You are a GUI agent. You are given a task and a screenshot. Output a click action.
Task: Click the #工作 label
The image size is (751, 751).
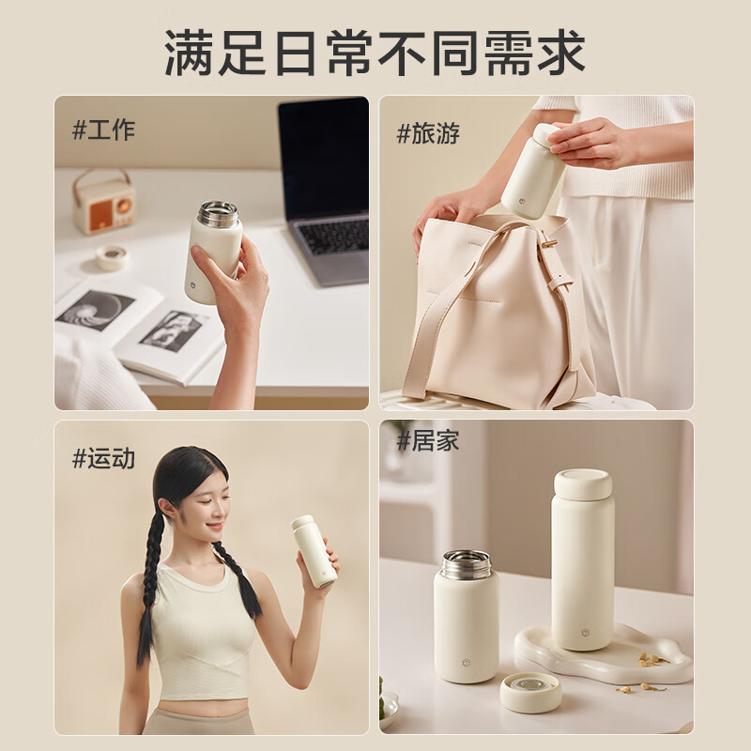tap(103, 130)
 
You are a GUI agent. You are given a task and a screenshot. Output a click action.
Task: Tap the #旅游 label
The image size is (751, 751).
tap(428, 133)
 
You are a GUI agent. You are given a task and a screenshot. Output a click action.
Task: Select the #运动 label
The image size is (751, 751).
tap(103, 459)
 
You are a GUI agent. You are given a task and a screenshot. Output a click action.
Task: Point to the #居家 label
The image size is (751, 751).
tap(428, 440)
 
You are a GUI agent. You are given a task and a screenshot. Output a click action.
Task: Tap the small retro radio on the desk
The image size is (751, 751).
tap(104, 203)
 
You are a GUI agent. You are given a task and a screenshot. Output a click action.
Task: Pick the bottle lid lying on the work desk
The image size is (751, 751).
tap(112, 257)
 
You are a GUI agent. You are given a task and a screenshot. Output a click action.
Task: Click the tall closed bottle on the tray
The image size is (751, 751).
tap(582, 563)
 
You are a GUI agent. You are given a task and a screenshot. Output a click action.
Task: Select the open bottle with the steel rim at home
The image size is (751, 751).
tap(466, 615)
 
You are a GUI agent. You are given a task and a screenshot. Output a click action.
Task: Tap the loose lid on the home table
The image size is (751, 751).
tap(530, 692)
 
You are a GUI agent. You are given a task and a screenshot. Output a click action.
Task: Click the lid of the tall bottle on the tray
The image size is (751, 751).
tap(582, 483)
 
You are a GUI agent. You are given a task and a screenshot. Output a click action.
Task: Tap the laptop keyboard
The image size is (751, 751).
tap(330, 235)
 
